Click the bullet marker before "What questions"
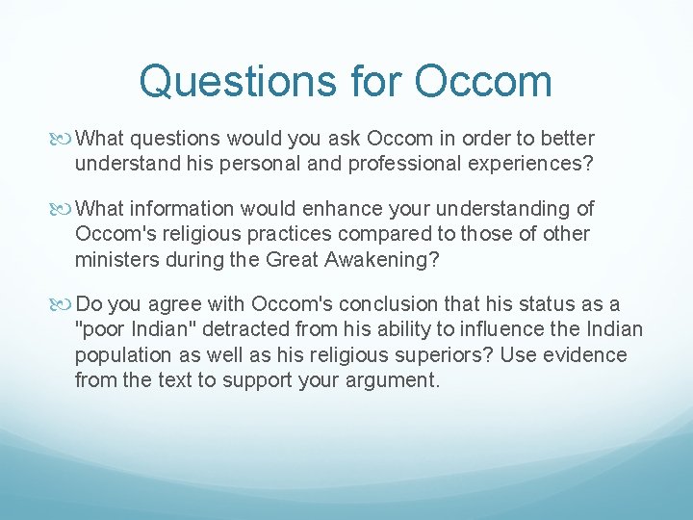coord(64,140)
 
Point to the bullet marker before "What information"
coord(64,209)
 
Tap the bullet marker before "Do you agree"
coord(64,305)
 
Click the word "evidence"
coord(585,355)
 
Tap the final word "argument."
coord(389,379)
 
